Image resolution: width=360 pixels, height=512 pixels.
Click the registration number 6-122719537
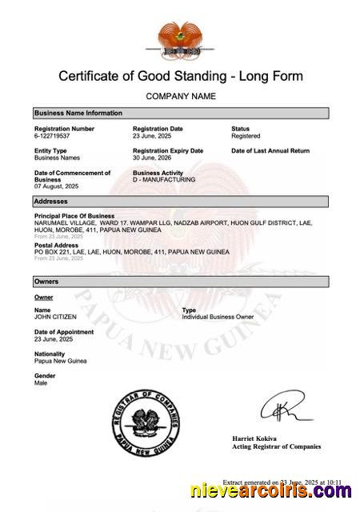click(52, 137)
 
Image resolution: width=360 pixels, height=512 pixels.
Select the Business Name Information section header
click(180, 114)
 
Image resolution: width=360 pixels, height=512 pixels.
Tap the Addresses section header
click(180, 202)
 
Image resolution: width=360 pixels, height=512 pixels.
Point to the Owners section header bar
click(180, 282)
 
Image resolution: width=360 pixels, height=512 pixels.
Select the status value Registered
click(246, 137)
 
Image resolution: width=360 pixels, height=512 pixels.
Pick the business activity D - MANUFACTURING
click(164, 180)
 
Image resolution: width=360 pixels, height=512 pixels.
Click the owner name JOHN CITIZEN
click(55, 317)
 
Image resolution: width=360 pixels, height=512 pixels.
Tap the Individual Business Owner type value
click(218, 317)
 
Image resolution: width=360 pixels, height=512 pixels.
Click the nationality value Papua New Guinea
click(60, 361)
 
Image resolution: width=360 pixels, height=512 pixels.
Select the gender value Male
click(41, 383)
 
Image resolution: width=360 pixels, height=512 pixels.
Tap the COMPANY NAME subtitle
click(180, 96)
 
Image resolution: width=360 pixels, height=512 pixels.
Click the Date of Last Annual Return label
click(270, 150)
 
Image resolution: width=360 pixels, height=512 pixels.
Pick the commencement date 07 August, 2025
click(56, 187)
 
